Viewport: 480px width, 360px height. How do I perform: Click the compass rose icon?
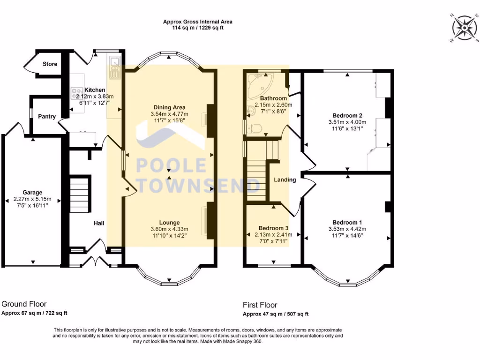(465, 28)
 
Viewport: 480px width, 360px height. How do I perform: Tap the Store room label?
(50, 64)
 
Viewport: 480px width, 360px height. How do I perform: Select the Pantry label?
(47, 116)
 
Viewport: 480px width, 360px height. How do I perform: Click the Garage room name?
(32, 192)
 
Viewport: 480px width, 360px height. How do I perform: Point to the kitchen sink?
(115, 67)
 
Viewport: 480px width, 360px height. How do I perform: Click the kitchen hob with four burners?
(77, 93)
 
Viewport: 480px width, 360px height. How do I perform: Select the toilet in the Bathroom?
(254, 128)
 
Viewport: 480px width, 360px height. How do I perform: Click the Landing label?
(285, 180)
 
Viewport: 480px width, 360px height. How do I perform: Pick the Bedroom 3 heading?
(273, 228)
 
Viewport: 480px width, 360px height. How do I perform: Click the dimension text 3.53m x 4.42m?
(347, 229)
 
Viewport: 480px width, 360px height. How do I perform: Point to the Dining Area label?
(169, 107)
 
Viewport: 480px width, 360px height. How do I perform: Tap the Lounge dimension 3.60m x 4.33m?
(169, 229)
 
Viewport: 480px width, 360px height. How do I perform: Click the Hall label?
(99, 223)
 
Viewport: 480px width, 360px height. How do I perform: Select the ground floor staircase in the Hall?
(80, 195)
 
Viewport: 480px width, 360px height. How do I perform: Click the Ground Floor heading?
(24, 304)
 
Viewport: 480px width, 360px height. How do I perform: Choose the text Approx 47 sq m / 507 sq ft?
(276, 314)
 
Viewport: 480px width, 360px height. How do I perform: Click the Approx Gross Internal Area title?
(197, 22)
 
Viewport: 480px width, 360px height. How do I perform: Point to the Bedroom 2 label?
(347, 115)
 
